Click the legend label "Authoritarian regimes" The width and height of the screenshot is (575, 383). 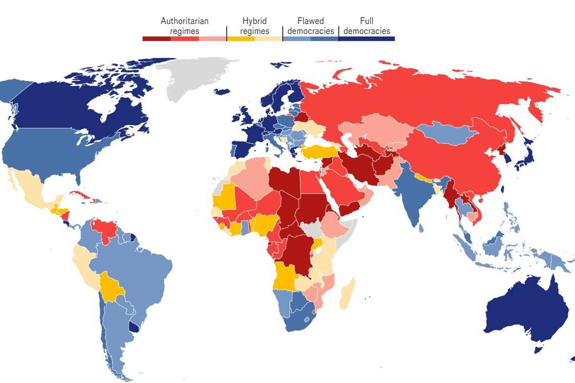click(184, 26)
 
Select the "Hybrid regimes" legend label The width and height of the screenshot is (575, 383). click(254, 26)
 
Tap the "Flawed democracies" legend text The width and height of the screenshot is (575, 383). click(310, 26)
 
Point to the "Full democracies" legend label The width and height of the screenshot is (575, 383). click(367, 26)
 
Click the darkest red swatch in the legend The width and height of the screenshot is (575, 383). click(156, 39)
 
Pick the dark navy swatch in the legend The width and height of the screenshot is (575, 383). click(367, 39)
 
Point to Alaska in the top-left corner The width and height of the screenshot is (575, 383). click(12, 91)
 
